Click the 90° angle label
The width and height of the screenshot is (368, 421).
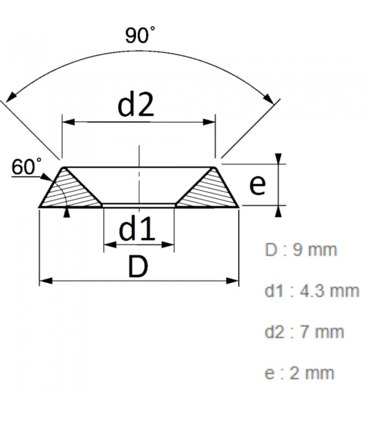click(x=140, y=35)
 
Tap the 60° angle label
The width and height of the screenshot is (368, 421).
click(x=27, y=167)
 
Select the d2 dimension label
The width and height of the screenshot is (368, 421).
click(x=136, y=105)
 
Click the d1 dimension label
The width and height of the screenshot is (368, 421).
click(x=137, y=229)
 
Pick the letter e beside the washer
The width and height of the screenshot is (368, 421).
click(x=257, y=185)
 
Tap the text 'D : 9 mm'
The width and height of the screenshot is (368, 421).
click(x=300, y=249)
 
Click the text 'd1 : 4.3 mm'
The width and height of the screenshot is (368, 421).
click(x=312, y=290)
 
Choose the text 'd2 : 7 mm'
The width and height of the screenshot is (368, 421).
click(x=304, y=332)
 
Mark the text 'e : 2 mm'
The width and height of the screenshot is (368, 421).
click(x=299, y=373)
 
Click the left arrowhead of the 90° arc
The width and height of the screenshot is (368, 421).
click(x=11, y=98)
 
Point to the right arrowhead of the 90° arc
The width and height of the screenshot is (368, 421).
click(x=270, y=99)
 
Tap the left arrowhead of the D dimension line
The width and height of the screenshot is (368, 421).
click(x=45, y=280)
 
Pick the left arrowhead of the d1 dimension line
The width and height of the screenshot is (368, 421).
click(x=109, y=244)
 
